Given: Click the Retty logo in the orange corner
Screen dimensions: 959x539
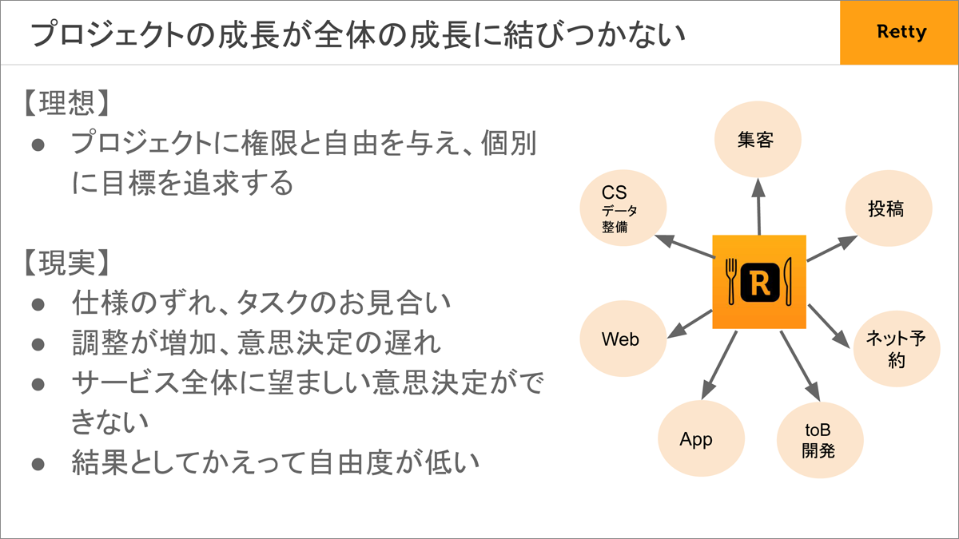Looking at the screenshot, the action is (901, 32).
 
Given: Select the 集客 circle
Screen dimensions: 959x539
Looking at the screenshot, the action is (758, 140).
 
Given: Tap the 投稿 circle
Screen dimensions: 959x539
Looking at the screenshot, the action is (889, 208).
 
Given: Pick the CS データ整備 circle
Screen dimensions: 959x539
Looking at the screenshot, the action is (623, 208).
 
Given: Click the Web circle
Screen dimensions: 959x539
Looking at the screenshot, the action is (623, 339).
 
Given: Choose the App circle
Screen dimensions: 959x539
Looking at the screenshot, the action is (702, 438).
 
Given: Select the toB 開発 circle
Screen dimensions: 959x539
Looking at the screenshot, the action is (820, 440).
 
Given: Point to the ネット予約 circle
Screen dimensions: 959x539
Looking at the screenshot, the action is (897, 349).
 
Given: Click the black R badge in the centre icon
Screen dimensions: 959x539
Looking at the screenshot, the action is (760, 283).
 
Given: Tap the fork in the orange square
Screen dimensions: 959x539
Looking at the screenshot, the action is (730, 281).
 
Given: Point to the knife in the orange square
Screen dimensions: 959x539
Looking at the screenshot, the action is (787, 281).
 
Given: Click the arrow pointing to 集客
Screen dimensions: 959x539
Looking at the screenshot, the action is (758, 207).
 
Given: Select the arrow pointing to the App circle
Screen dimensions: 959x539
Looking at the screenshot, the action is (719, 366).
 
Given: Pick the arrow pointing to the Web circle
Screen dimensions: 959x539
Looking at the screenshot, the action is (690, 324).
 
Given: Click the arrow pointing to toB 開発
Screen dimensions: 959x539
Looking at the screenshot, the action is (800, 367).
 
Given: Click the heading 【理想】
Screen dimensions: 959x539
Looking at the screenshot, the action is (66, 103).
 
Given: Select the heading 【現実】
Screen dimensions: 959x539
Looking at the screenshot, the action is (66, 263).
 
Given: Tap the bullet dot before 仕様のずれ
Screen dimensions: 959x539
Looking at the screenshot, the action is (38, 304).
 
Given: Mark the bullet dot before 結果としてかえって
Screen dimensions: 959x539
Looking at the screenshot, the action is (38, 465).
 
